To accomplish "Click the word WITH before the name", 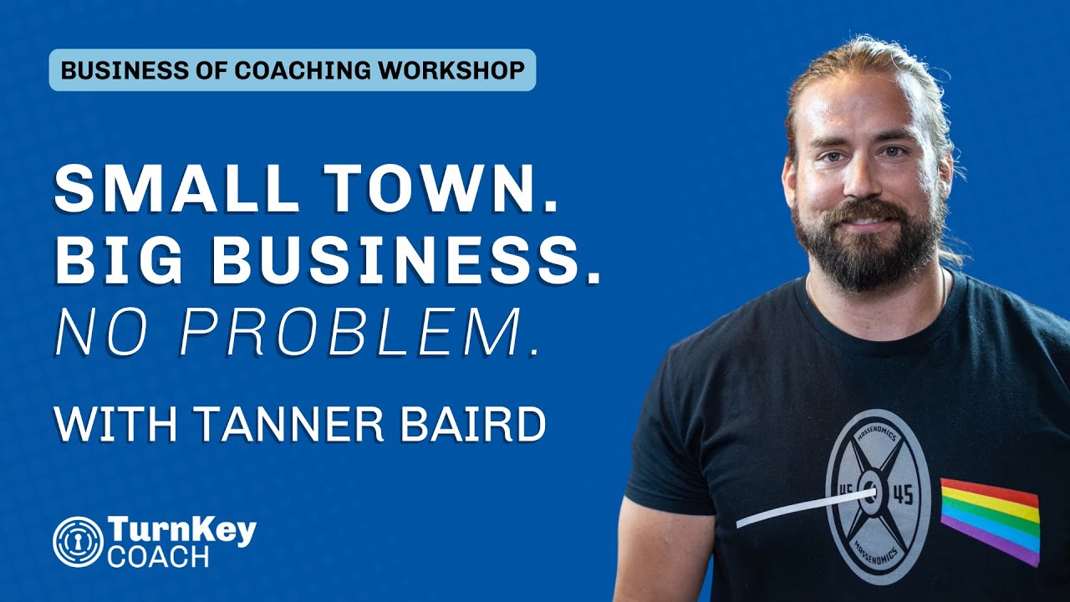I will pyautogui.click(x=115, y=424).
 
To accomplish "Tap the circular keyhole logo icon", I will pyautogui.click(x=78, y=542).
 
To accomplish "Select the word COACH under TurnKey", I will pyautogui.click(x=158, y=558).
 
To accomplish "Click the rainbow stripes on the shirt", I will pyautogui.click(x=991, y=518).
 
